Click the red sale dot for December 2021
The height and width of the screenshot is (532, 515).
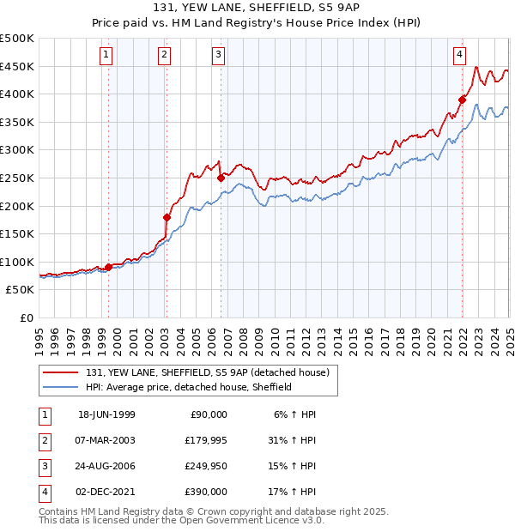[x=462, y=100]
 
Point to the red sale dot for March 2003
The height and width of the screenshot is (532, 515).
[x=167, y=217]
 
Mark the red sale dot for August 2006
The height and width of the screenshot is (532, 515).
[x=221, y=178]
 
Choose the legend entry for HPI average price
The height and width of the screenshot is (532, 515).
[x=189, y=387]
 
